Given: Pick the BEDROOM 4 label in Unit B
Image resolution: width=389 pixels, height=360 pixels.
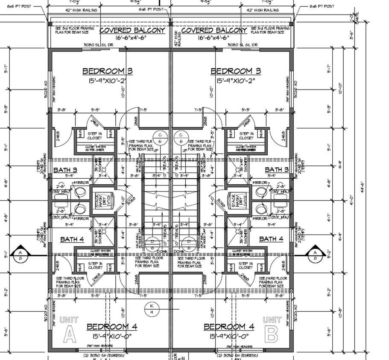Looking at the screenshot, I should click(x=229, y=327).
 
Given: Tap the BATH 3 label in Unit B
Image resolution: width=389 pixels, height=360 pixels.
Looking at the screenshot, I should click(x=277, y=170).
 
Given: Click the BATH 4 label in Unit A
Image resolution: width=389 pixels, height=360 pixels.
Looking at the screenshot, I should click(x=72, y=239).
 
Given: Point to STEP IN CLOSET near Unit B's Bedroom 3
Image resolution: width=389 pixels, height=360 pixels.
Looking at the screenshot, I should click(x=246, y=136).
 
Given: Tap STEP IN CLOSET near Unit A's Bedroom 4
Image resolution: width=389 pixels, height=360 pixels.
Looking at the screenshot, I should click(x=95, y=266).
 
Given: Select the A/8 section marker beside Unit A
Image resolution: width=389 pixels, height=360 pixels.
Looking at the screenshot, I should click(x=20, y=255).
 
